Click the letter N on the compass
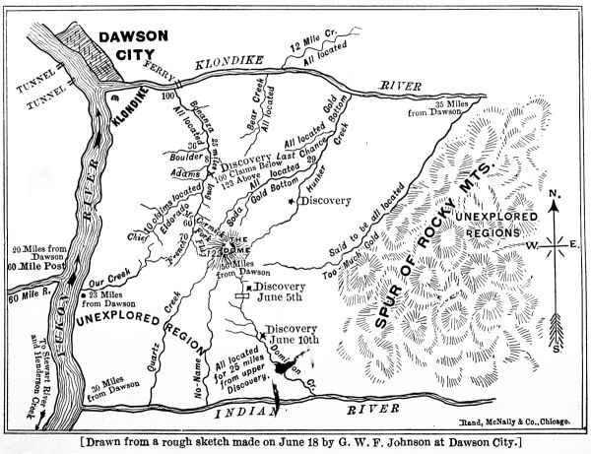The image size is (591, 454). coord(556,193)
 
